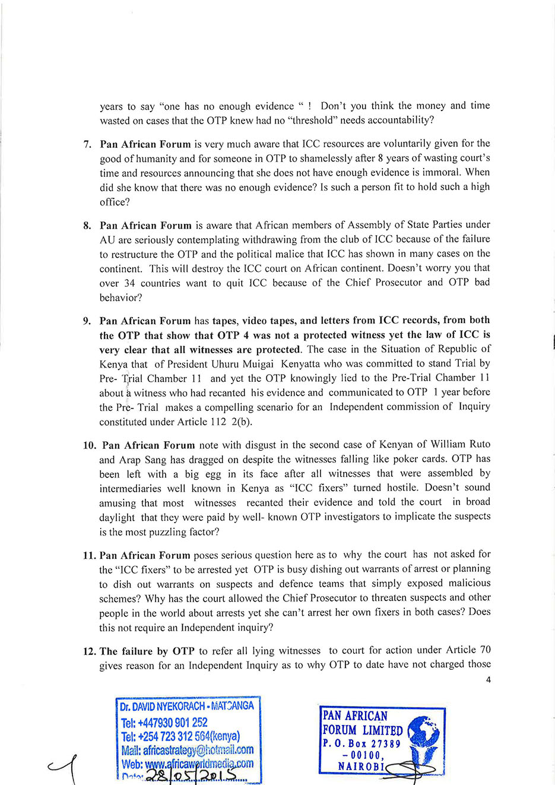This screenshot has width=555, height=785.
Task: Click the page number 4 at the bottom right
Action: pos(488,680)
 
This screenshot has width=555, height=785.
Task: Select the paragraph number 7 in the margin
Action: pos(87,144)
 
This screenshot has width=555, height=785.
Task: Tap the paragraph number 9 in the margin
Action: pos(87,321)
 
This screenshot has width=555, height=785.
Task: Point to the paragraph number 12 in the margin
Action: pos(90,651)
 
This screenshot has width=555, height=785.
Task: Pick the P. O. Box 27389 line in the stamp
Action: pos(361,743)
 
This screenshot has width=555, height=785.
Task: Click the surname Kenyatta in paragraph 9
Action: pos(302,364)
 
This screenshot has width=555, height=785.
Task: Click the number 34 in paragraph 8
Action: pos(129,283)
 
